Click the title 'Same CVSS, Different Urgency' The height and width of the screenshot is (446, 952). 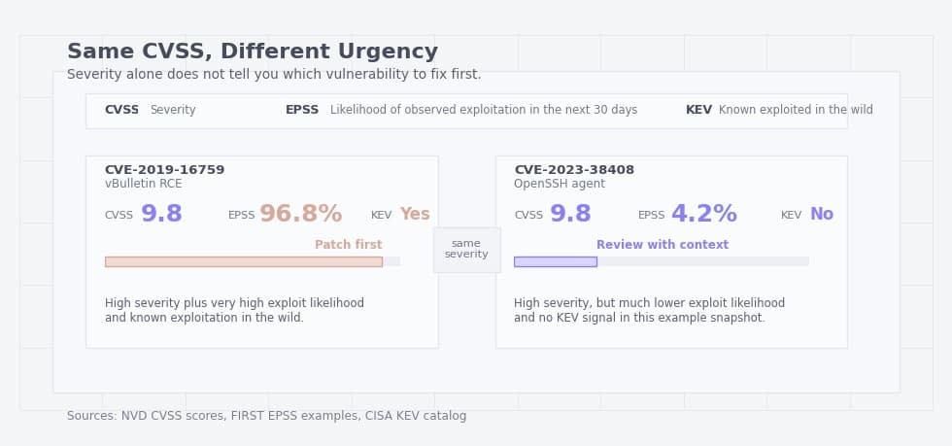pos(253,52)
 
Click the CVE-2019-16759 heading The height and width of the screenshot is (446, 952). pos(164,170)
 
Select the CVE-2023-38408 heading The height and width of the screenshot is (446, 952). pos(574,170)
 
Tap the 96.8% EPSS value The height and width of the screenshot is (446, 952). pos(300,215)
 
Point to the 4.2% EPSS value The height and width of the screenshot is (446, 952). pos(704,215)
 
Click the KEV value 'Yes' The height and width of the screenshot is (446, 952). pos(415,215)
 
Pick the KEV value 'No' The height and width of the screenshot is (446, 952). pos(822,215)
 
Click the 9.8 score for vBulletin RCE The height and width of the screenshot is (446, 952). pos(161,215)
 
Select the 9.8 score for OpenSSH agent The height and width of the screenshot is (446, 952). pos(570,215)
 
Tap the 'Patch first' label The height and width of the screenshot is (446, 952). pos(348,245)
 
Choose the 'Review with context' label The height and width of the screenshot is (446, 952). pos(663,245)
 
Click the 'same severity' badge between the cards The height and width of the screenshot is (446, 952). pos(466,250)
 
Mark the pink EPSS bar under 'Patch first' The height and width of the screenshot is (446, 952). pos(243,261)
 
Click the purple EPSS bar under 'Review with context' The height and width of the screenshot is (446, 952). pos(555,261)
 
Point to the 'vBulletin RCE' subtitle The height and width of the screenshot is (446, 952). pos(143,184)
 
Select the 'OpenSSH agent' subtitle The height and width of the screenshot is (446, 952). pos(560,184)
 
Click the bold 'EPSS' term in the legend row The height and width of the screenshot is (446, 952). pos(302,111)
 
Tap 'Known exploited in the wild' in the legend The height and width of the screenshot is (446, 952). pos(796,111)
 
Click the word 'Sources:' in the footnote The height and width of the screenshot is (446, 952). pos(91,416)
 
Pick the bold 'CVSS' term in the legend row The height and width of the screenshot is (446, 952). pos(121,111)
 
